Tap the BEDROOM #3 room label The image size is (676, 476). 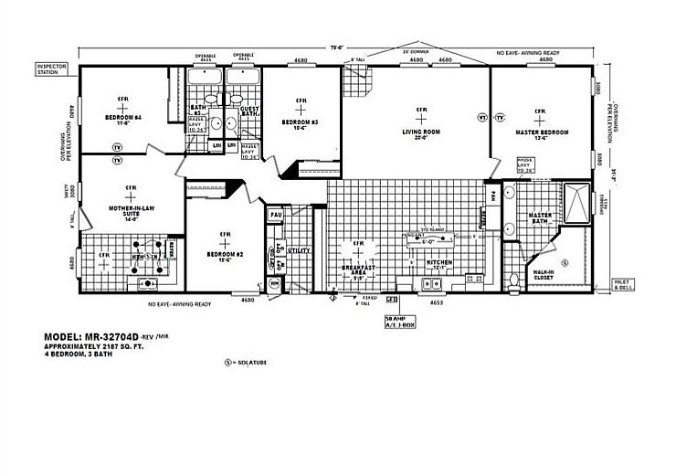pyautogui.click(x=299, y=122)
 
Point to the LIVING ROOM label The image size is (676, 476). pyautogui.click(x=421, y=132)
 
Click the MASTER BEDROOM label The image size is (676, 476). pyautogui.click(x=543, y=132)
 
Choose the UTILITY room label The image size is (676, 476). pyautogui.click(x=299, y=249)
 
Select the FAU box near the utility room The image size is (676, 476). pyautogui.click(x=276, y=216)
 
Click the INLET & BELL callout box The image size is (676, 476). pyautogui.click(x=623, y=285)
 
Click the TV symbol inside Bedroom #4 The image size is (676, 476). pyautogui.click(x=117, y=147)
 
